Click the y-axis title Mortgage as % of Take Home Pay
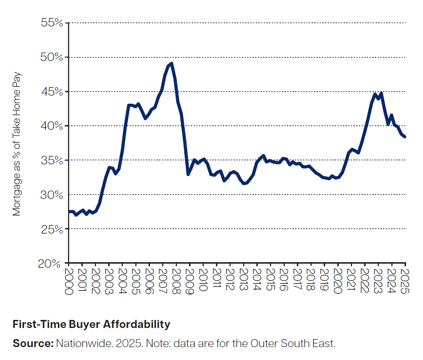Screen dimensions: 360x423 (17, 144)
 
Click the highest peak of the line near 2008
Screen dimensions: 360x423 (171, 64)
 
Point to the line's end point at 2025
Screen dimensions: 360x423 (405, 137)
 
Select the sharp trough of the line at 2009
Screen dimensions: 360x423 (188, 174)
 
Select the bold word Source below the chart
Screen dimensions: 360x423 (33, 343)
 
